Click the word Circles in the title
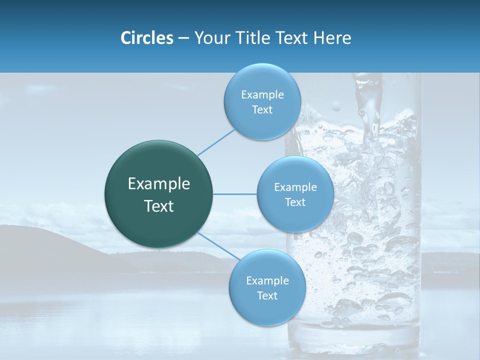point(147,38)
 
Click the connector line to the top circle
point(216,142)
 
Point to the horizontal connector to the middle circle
point(235,194)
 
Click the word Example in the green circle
point(159,184)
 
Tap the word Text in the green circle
point(159,206)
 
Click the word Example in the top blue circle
point(262,94)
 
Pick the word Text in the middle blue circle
point(295,202)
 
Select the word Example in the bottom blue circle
point(267,280)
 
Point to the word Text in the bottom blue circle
point(267,295)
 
